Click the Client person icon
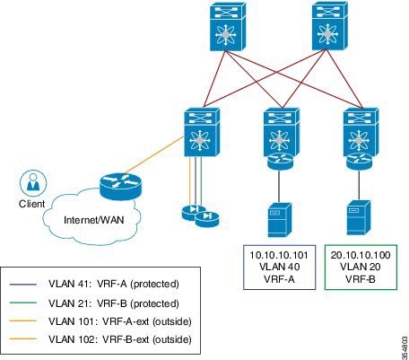33,183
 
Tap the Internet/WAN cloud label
94,220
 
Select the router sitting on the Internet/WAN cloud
120,186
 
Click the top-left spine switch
228,26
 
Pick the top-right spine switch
330,26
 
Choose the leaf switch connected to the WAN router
202,132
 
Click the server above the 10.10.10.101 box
280,220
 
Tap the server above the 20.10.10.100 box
359,218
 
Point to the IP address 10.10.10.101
279,255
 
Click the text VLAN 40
279,267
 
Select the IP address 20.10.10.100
361,255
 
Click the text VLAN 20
361,267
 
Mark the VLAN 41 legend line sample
23,284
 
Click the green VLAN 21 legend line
23,303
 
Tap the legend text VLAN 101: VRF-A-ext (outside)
119,321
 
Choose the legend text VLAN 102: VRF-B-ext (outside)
119,339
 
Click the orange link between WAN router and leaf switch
154,154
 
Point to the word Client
32,204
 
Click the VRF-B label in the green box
361,278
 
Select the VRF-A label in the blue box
279,278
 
